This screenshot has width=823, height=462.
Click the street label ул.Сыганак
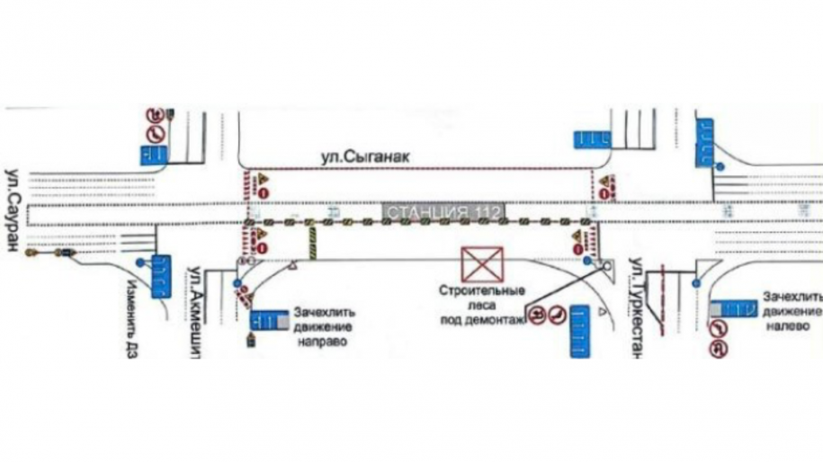(366, 156)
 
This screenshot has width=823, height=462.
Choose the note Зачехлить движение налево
(790, 311)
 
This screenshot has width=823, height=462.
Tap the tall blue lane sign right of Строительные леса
(577, 332)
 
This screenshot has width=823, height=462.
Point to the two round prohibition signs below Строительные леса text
(546, 315)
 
